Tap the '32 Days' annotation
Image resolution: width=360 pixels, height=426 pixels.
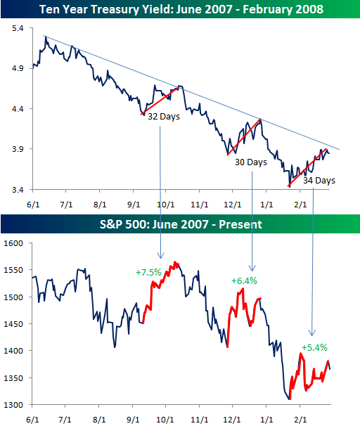tap(163, 117)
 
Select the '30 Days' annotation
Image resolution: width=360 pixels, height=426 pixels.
tap(251, 162)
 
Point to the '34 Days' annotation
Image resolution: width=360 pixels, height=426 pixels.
tap(319, 180)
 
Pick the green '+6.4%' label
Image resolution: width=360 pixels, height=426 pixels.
tap(244, 280)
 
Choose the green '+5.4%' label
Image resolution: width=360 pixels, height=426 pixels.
tap(314, 347)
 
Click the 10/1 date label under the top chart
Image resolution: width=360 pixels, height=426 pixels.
tap(166, 205)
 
